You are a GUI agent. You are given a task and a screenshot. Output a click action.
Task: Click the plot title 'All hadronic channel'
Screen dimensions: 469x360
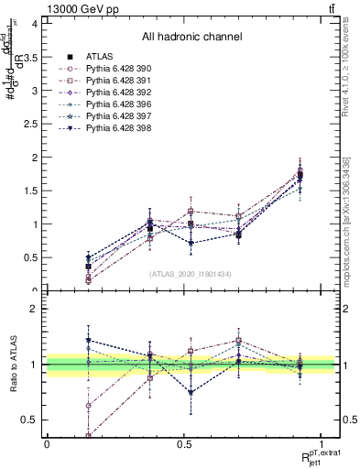click(191, 38)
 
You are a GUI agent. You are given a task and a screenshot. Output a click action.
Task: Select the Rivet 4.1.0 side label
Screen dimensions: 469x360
click(346, 68)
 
